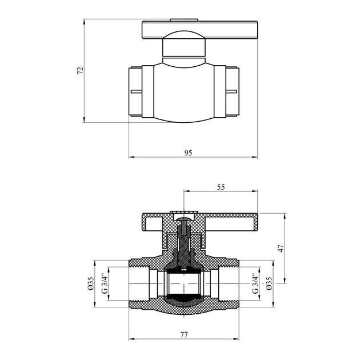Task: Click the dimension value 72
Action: [x=80, y=70]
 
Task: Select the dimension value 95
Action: [x=188, y=153]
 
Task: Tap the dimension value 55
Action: [x=221, y=187]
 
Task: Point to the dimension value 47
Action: [x=281, y=249]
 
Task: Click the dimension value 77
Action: [x=184, y=335]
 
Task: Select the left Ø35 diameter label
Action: [x=91, y=283]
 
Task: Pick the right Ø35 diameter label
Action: [x=269, y=283]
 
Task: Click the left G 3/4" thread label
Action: [x=104, y=283]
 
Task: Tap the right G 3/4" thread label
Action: [x=255, y=283]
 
